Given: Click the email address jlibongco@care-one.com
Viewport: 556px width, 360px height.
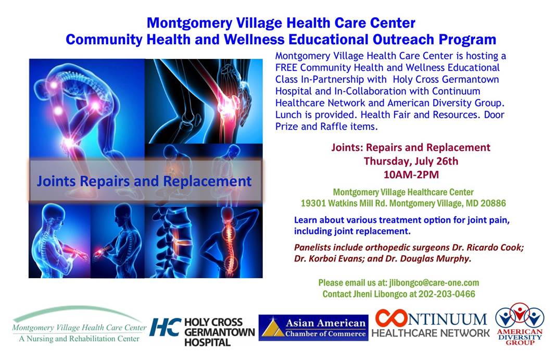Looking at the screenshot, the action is (x=434, y=283).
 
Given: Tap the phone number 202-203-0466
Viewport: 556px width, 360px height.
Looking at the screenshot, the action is (x=447, y=294).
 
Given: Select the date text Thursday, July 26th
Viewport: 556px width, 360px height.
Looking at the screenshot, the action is (x=411, y=161).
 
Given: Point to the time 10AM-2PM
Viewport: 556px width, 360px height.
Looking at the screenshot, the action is (x=411, y=175).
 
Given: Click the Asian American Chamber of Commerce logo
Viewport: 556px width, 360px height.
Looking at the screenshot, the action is (x=313, y=328).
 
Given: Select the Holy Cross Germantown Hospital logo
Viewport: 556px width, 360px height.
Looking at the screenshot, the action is (x=202, y=332).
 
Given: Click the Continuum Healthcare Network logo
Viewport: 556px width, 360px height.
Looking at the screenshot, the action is (x=431, y=323).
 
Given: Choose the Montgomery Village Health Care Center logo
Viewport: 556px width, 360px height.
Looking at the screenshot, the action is (x=79, y=324).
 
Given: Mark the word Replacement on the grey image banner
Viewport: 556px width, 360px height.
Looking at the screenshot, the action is (x=207, y=181).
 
